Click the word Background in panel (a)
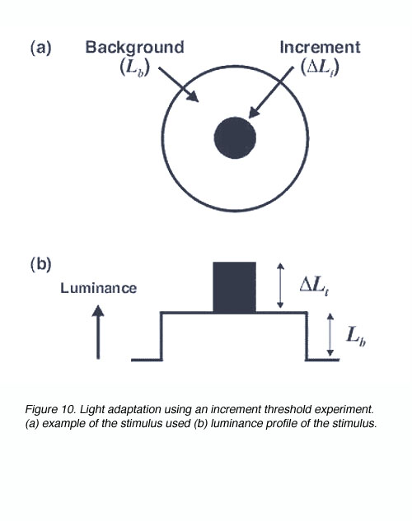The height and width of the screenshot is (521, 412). click(x=134, y=48)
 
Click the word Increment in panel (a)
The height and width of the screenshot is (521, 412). click(x=320, y=47)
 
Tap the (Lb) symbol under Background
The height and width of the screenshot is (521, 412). click(x=135, y=67)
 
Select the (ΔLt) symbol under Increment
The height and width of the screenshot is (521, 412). click(x=320, y=67)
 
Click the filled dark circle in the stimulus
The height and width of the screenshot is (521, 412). click(x=235, y=138)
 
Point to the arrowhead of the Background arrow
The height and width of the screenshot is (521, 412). click(x=193, y=96)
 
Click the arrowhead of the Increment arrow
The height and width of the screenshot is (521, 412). click(x=253, y=112)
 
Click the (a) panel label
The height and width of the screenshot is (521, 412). click(x=41, y=49)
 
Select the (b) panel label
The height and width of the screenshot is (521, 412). click(x=41, y=265)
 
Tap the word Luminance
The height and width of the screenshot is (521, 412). click(x=98, y=288)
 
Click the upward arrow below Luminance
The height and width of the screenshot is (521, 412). click(x=98, y=332)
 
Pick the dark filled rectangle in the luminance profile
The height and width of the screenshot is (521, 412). click(x=235, y=287)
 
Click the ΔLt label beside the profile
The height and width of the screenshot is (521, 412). click(x=314, y=286)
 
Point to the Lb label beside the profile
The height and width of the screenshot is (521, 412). click(x=356, y=336)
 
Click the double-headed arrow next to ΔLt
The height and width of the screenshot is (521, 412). click(x=281, y=286)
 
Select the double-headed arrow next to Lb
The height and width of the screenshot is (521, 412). click(x=330, y=335)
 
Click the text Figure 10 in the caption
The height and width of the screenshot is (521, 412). click(x=51, y=409)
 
